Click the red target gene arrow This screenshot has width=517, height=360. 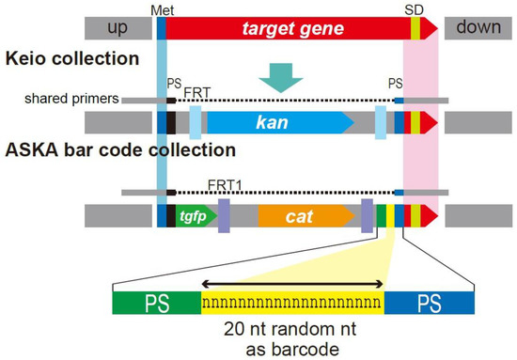pyautogui.click(x=282, y=28)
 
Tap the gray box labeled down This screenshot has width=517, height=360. pyautogui.click(x=478, y=28)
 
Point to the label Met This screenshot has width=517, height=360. pyautogui.click(x=162, y=8)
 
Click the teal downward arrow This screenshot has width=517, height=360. pyautogui.click(x=280, y=75)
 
